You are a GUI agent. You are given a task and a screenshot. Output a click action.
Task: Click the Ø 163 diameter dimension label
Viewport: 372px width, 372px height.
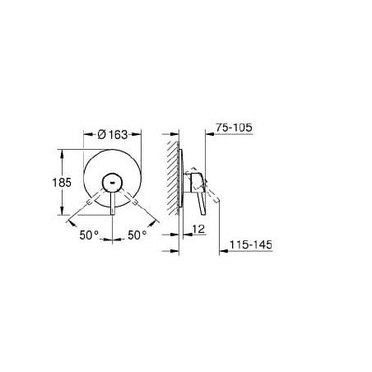[x=113, y=135]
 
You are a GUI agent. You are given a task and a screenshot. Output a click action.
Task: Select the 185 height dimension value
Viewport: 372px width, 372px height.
[x=62, y=183]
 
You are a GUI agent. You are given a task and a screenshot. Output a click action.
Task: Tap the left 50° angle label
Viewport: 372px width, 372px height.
[x=89, y=235]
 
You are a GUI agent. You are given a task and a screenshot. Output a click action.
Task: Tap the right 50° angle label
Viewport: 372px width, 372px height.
[x=137, y=235]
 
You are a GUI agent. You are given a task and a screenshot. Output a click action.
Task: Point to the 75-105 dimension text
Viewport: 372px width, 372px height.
[x=234, y=128]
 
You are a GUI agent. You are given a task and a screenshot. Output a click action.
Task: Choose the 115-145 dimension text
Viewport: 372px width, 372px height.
[x=251, y=244]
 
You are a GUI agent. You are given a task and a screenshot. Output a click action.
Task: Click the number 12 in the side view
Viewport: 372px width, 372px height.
[x=198, y=229]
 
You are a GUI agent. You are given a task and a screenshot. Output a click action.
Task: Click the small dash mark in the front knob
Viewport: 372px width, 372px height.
[x=112, y=183]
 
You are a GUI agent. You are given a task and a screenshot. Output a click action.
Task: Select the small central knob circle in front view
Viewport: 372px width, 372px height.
[x=112, y=183]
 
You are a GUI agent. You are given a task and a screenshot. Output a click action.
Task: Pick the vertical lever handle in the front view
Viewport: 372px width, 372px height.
[x=113, y=203]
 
